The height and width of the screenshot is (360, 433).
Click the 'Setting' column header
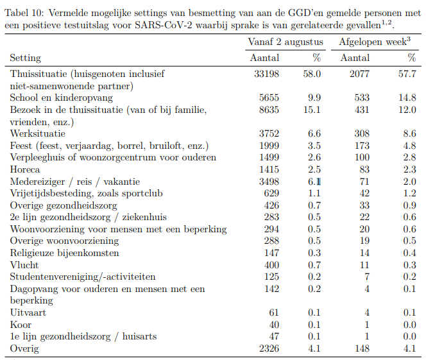pos(26,58)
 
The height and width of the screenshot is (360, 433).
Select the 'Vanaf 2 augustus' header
pos(285,42)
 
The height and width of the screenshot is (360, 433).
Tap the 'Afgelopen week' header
pos(375,42)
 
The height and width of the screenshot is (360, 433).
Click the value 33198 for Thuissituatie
pos(266,74)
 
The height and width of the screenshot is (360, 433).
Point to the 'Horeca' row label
pos(25,169)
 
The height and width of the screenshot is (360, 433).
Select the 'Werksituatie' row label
pos(38,133)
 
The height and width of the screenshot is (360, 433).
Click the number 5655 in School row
pos(269,98)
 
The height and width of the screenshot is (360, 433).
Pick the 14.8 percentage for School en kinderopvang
pos(407,98)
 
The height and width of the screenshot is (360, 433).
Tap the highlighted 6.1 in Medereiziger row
pos(314,182)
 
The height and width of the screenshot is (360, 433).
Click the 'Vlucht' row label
pos(24,265)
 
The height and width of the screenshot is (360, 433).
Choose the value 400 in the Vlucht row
pos(271,265)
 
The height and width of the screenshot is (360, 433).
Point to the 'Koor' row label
pos(21,325)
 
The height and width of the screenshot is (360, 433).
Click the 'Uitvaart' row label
pos(28,313)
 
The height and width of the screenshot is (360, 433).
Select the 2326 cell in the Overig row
pos(269,348)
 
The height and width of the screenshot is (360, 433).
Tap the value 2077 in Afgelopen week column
pos(359,74)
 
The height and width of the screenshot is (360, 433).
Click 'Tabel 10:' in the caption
pos(24,13)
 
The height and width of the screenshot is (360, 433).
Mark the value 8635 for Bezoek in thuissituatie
pos(269,110)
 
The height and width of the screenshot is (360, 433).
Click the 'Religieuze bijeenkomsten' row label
pos(64,253)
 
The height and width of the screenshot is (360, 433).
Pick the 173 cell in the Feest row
pos(362,146)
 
